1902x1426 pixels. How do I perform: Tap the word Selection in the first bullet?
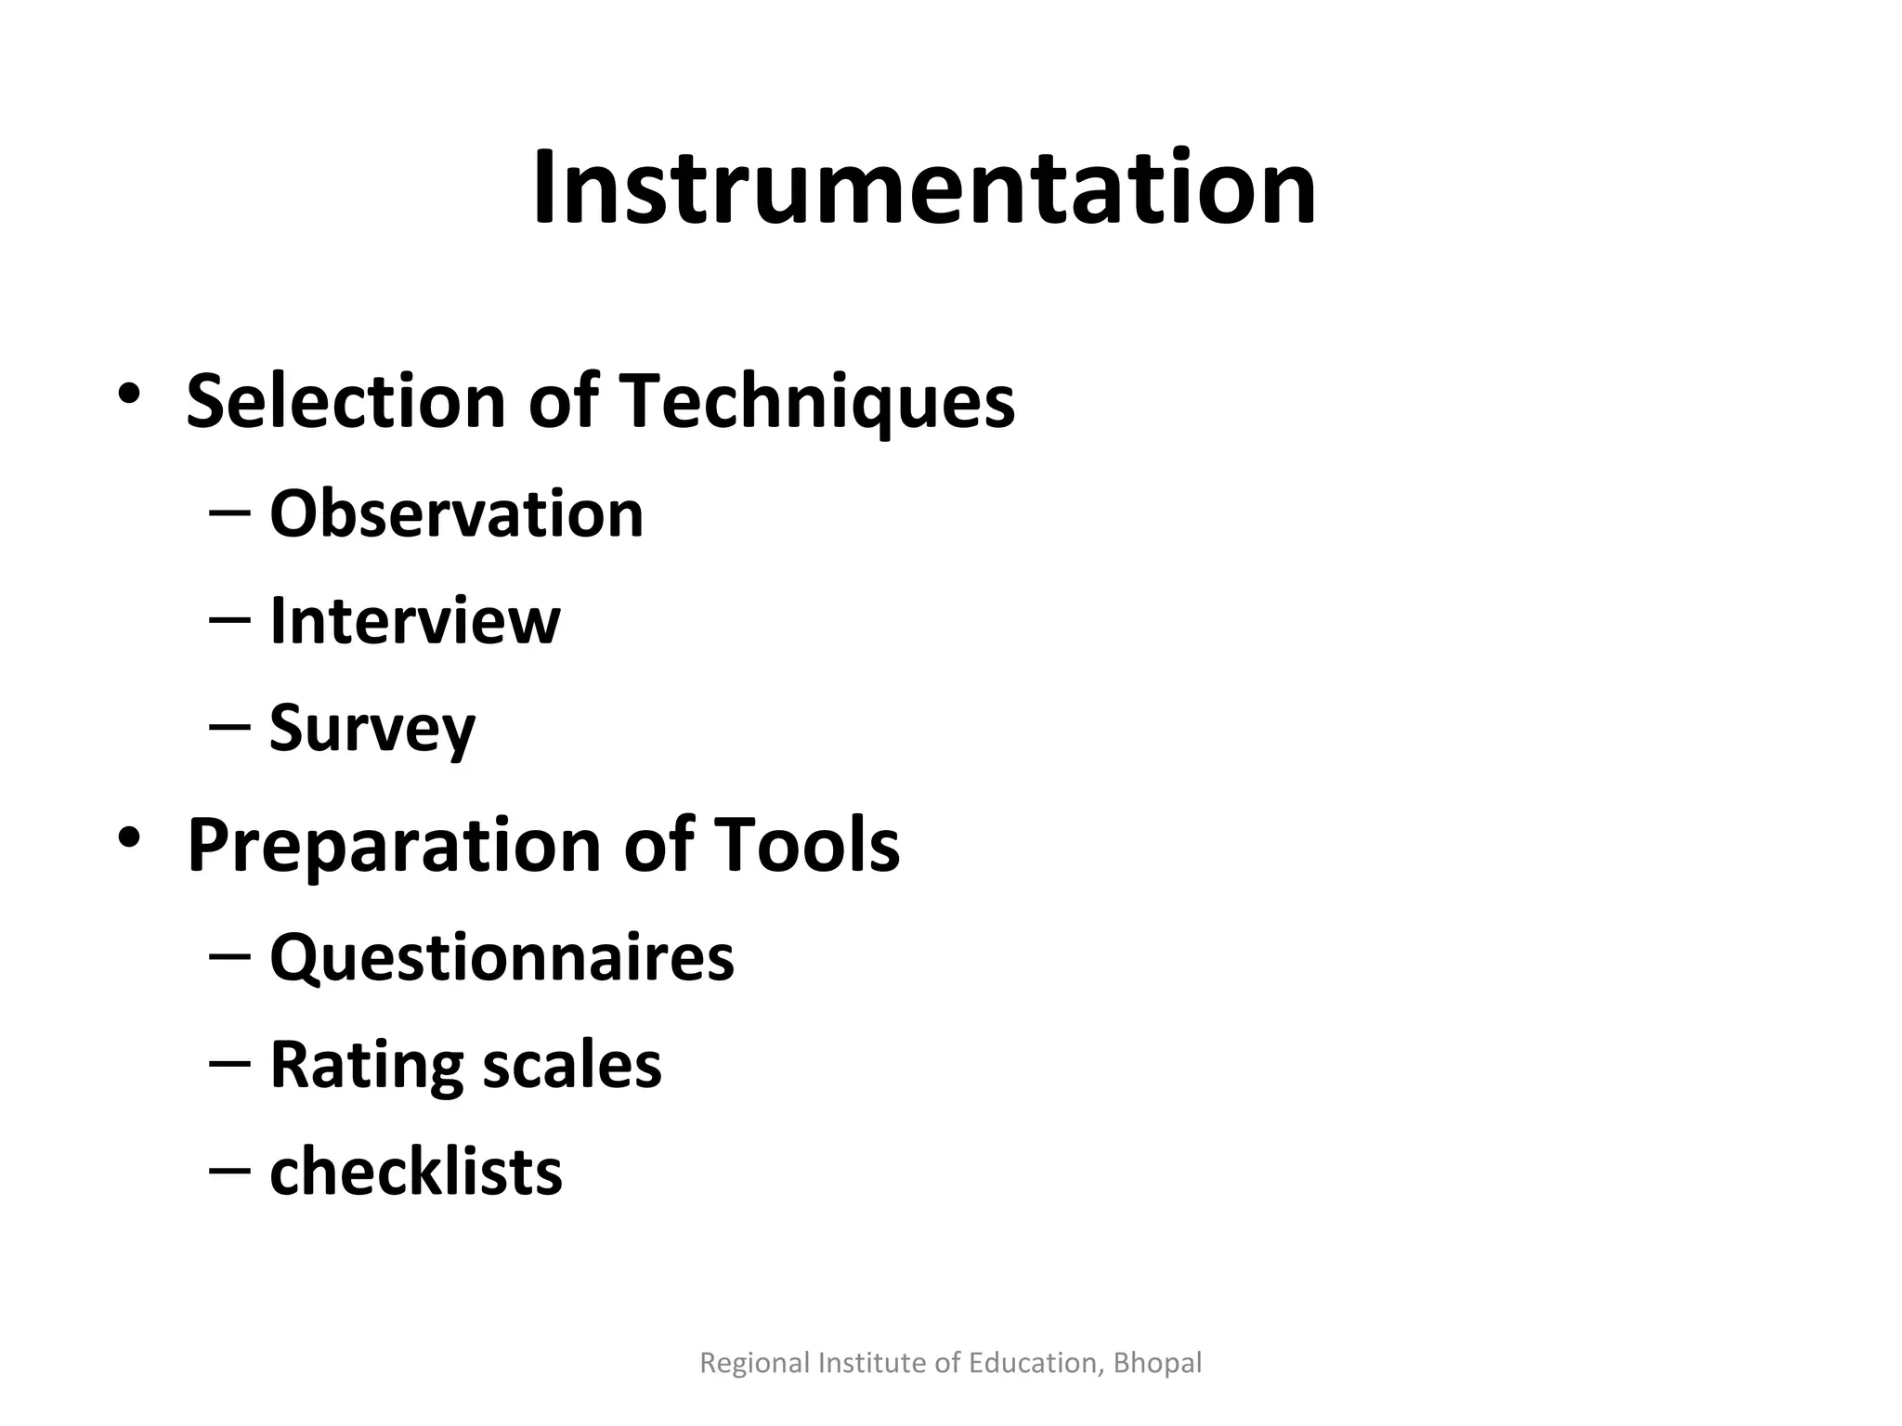click(x=345, y=401)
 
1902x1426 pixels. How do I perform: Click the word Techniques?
click(x=816, y=401)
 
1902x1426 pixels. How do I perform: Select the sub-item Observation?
click(x=456, y=513)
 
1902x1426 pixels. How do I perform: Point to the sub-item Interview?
click(x=414, y=620)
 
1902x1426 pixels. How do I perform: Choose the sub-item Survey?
click(x=371, y=729)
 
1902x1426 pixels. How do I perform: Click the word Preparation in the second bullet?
click(x=394, y=845)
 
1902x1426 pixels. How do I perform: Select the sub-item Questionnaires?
click(x=502, y=957)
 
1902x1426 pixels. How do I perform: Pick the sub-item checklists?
click(x=415, y=1172)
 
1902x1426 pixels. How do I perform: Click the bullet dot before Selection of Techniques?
click(x=129, y=394)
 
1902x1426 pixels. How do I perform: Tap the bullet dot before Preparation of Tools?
click(x=129, y=837)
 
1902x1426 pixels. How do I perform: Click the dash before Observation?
click(x=229, y=513)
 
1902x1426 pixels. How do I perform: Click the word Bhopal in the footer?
click(x=1157, y=1363)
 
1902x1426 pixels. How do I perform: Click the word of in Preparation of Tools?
click(x=658, y=845)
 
